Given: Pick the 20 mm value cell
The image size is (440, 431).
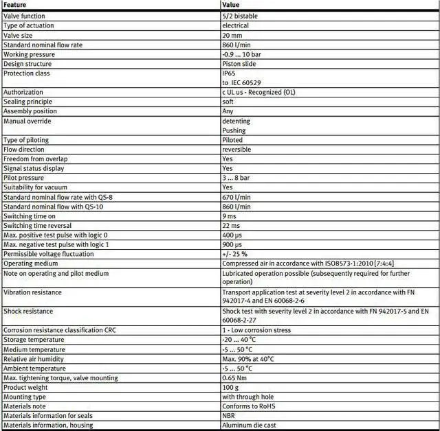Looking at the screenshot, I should click(232, 35).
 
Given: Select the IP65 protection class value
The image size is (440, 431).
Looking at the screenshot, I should click(228, 73).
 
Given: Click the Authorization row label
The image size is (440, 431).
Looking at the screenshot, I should click(24, 92).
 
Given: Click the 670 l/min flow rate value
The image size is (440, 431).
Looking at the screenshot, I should click(236, 197).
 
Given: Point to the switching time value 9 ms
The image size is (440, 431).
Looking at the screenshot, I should click(230, 216).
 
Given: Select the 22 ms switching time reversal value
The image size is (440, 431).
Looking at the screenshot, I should click(231, 226).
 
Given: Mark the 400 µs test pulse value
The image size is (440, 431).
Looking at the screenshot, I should click(232, 235).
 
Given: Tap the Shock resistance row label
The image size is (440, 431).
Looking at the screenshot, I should click(28, 311).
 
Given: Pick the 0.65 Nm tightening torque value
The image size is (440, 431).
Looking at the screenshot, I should click(234, 377).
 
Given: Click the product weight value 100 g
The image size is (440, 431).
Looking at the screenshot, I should click(230, 387).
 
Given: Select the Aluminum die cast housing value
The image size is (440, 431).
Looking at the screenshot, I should click(249, 426).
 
